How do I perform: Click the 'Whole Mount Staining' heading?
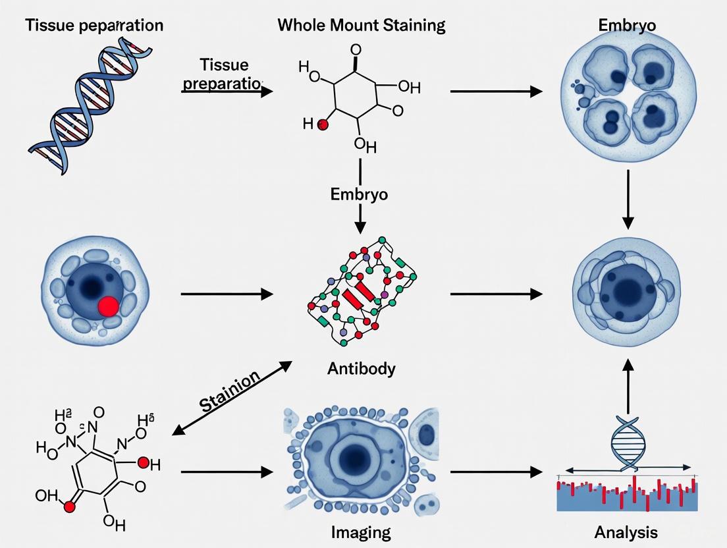(361, 26)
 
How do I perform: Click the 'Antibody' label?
(361, 368)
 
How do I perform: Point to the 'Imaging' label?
(361, 531)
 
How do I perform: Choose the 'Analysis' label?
(626, 531)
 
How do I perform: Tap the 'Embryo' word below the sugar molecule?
(359, 194)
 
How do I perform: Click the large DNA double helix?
(92, 99)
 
